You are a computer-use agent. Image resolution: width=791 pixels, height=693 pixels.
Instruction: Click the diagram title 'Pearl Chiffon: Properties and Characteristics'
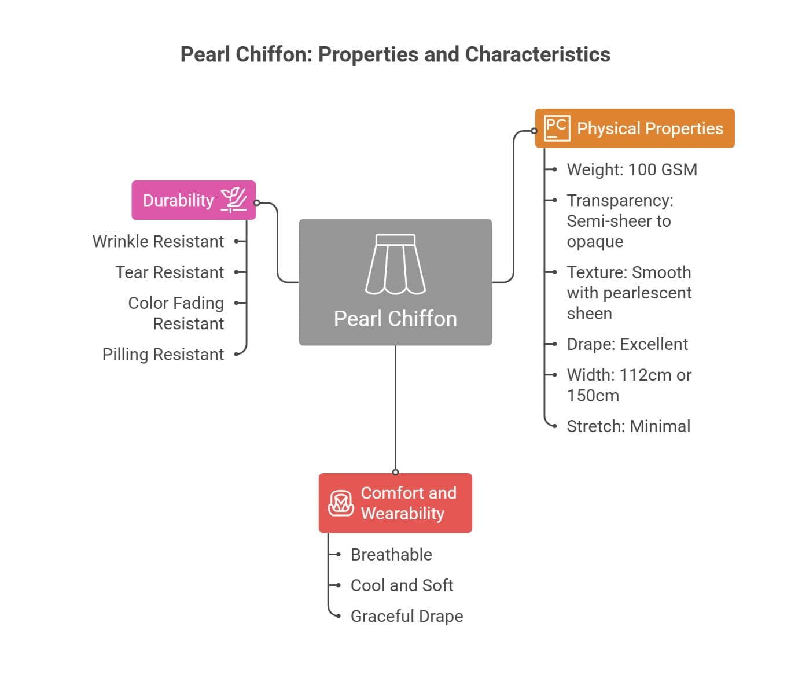(x=395, y=54)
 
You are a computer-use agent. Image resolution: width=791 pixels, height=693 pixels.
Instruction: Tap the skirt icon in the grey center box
(x=395, y=264)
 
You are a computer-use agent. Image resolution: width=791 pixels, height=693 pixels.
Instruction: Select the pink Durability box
(x=193, y=200)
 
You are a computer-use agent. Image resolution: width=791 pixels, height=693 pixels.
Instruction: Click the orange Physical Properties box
(x=635, y=128)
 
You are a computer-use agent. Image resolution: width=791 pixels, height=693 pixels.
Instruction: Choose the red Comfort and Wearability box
(x=395, y=503)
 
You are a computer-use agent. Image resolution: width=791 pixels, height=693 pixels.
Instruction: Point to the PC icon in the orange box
(x=557, y=128)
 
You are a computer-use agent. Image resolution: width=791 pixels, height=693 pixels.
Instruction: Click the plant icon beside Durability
(x=234, y=200)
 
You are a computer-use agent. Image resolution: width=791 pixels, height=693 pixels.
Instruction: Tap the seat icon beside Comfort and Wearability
(x=341, y=503)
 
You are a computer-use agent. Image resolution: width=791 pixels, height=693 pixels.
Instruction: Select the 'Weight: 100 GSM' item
(x=632, y=169)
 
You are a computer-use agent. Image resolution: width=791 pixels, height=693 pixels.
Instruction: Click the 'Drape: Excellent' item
(x=627, y=344)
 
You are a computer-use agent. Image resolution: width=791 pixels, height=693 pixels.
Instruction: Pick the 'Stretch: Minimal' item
(x=628, y=426)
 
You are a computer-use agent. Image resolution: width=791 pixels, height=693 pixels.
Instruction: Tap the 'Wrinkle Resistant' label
(x=158, y=241)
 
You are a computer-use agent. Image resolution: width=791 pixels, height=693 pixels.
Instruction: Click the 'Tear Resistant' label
(x=170, y=272)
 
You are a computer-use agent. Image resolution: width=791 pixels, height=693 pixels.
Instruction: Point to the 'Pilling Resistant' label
(x=163, y=354)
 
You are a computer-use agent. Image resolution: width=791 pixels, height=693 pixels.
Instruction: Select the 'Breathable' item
(x=391, y=555)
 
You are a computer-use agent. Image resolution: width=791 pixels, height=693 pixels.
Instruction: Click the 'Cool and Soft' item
(x=402, y=585)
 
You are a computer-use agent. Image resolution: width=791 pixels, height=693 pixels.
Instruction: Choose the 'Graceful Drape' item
(x=407, y=616)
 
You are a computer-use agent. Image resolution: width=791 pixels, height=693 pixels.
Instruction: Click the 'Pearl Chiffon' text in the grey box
(x=395, y=319)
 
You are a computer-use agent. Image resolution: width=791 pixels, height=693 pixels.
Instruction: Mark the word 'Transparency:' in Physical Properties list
(x=620, y=200)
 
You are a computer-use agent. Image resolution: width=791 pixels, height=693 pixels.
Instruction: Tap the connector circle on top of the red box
(x=395, y=472)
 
